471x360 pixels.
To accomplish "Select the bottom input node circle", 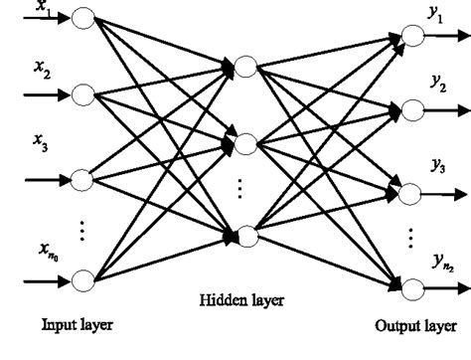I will click(x=81, y=279).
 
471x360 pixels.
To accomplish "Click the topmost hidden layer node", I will click(x=245, y=67).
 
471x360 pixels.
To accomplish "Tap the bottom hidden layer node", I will click(x=245, y=236).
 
